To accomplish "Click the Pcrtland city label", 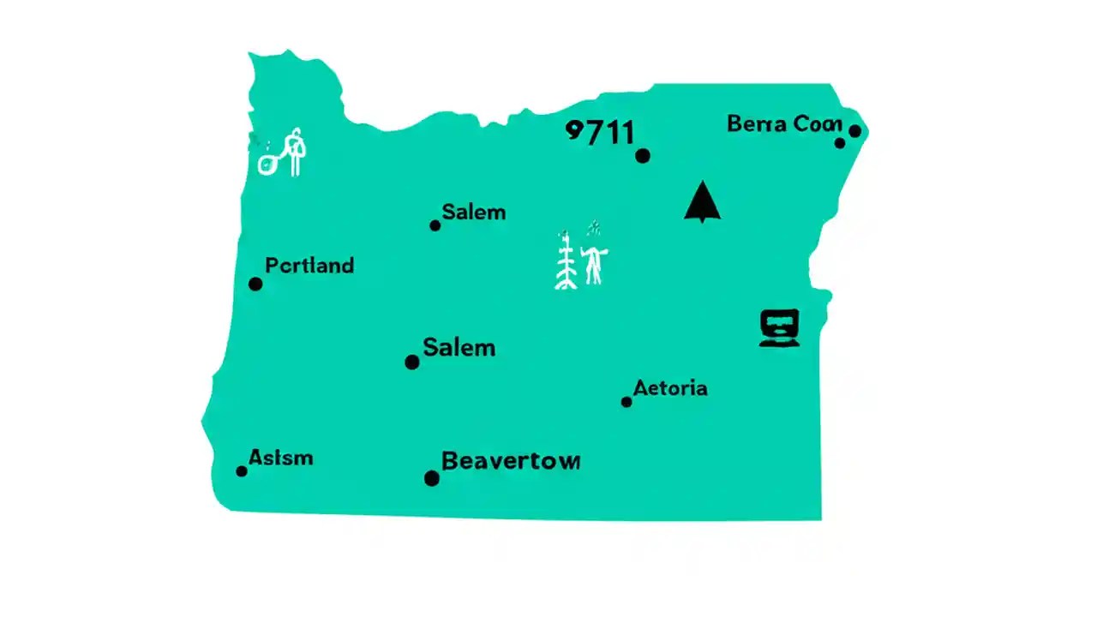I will click(309, 266).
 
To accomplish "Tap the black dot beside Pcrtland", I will click(255, 284).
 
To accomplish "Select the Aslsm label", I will click(281, 458).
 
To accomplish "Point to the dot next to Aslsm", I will click(242, 471).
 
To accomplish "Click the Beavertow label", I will click(510, 461).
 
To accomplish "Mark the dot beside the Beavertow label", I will click(432, 478).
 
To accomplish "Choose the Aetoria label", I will click(670, 388).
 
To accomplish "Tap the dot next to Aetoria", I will click(626, 402).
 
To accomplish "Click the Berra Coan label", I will click(784, 123).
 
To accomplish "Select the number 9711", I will click(601, 133).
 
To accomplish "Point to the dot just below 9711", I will click(643, 155).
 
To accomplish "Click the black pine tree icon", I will click(703, 201).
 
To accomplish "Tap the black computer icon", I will click(779, 327).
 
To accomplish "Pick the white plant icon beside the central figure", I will click(566, 261).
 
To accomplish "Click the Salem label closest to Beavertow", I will click(459, 348).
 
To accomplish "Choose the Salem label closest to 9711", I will click(473, 212).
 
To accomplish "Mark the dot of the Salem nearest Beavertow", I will click(412, 362).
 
